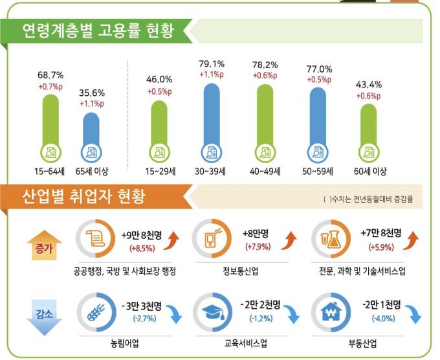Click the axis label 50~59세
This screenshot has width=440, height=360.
click(x=318, y=172)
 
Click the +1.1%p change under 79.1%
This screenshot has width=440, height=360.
click(x=213, y=74)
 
